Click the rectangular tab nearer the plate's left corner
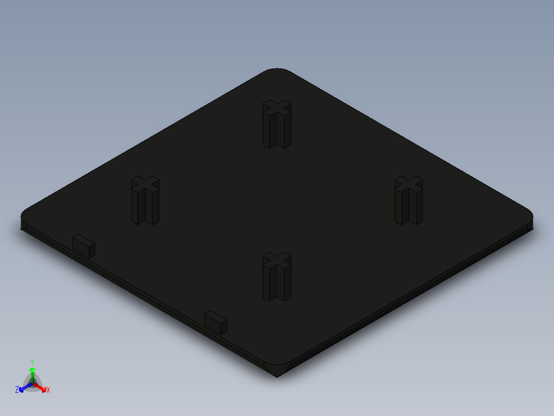tap(84, 246)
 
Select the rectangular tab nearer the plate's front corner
tap(215, 322)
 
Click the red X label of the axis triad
tap(48, 390)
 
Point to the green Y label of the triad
tap(32, 362)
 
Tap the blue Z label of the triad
tap(17, 390)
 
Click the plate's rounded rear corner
tap(277, 71)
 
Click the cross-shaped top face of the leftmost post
tap(145, 183)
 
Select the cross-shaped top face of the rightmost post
tap(409, 183)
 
